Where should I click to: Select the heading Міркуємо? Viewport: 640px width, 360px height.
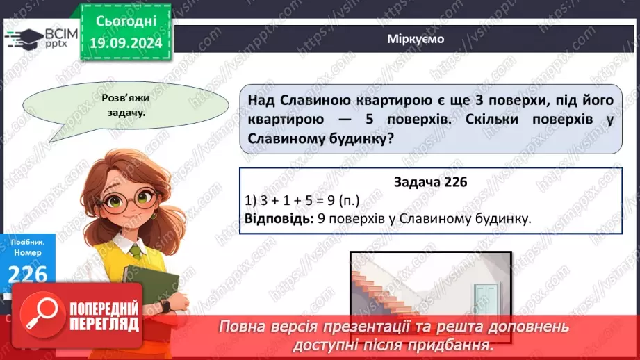pos(416,39)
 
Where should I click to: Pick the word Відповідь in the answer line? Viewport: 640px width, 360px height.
pos(274,219)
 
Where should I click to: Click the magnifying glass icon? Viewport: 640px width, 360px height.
pos(38,316)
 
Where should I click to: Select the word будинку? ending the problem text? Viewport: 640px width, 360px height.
pos(358,139)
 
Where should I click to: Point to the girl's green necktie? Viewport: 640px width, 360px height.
pos(137,251)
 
